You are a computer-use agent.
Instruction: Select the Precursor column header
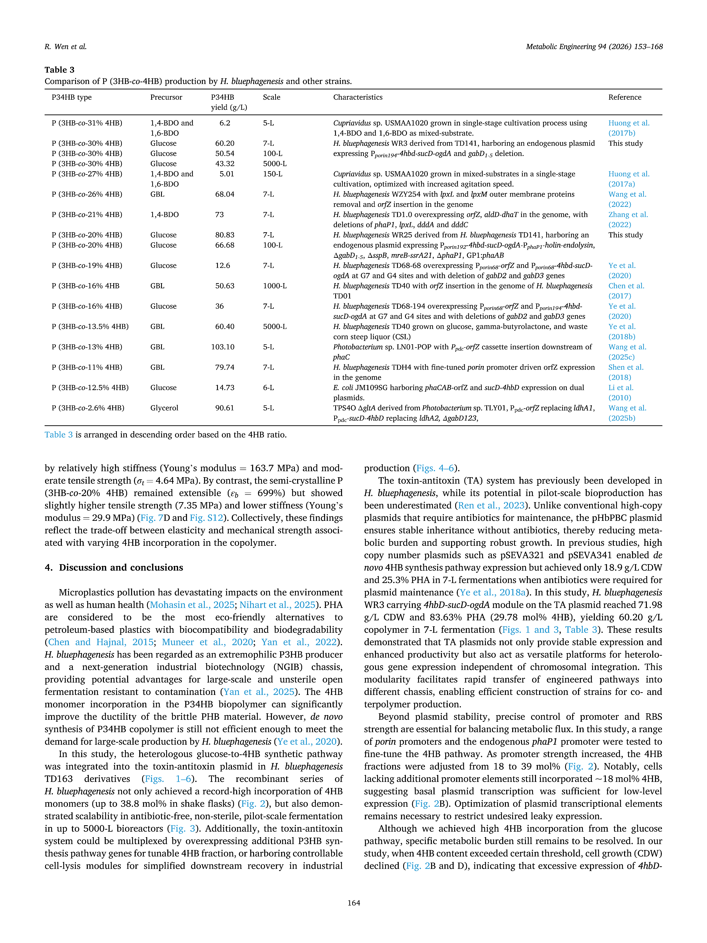[166, 97]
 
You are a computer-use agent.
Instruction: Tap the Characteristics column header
[358, 97]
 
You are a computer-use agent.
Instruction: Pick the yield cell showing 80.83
[225, 235]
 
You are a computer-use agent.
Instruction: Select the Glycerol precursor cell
[164, 408]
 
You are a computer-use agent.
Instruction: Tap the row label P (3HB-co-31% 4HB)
[87, 123]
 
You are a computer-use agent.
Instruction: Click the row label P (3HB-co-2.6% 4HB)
[88, 408]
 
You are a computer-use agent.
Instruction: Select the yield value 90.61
[225, 408]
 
